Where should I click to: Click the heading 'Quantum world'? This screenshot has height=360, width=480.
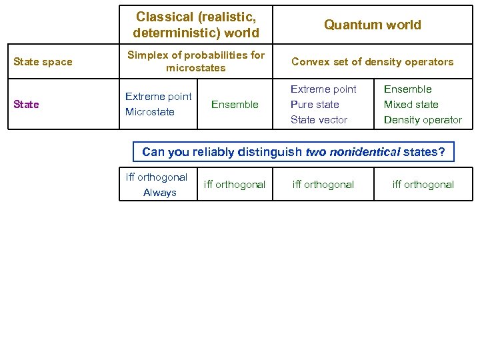pos(373,25)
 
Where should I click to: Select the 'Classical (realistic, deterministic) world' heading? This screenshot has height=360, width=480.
pos(196,25)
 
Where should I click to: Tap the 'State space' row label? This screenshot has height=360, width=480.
pos(43,62)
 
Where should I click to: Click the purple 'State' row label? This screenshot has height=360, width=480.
pos(26,104)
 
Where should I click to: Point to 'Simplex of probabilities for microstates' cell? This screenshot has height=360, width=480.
pos(196,61)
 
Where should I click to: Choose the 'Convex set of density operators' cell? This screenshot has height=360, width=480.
pos(372,62)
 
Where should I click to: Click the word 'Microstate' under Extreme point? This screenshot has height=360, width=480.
pos(149,112)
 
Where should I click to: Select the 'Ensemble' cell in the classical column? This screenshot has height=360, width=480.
pos(235,104)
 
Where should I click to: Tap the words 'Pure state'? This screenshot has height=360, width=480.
pos(315,105)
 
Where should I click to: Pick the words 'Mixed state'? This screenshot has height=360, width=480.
pos(411,105)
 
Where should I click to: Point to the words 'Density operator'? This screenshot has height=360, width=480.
pos(423,120)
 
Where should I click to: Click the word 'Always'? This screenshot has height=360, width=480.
pos(160,193)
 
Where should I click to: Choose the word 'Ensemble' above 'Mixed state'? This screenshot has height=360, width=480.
pos(407,89)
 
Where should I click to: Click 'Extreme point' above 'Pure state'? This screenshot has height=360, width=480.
pos(323,89)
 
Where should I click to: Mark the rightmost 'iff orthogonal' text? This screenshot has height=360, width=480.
pos(423,185)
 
